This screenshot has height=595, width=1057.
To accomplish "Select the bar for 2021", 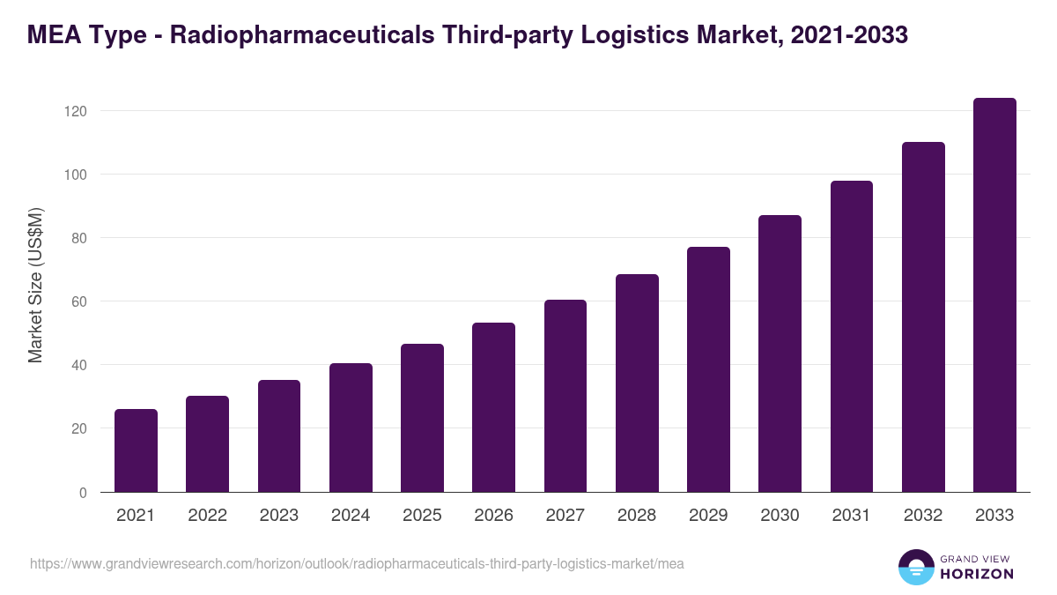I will pyautogui.click(x=136, y=450).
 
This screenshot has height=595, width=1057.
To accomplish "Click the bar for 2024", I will pyautogui.click(x=351, y=428).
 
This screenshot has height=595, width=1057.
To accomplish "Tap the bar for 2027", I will pyautogui.click(x=565, y=396).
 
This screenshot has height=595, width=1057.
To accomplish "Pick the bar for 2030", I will pyautogui.click(x=780, y=353).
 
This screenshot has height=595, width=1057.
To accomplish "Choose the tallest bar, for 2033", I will pyautogui.click(x=994, y=295).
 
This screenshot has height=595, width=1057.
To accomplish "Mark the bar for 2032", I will pyautogui.click(x=923, y=317).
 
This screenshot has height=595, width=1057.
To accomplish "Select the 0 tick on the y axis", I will pyautogui.click(x=83, y=493).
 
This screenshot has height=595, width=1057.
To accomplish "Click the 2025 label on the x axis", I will pyautogui.click(x=422, y=516).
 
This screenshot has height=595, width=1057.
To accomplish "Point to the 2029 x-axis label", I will pyautogui.click(x=708, y=516).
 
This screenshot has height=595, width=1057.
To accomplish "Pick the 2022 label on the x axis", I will pyautogui.click(x=207, y=516).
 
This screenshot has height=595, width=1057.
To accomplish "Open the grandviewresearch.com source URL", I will pyautogui.click(x=357, y=563).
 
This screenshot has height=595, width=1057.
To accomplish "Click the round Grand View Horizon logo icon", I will pyautogui.click(x=916, y=568).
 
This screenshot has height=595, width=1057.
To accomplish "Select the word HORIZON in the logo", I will pyautogui.click(x=976, y=574).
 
